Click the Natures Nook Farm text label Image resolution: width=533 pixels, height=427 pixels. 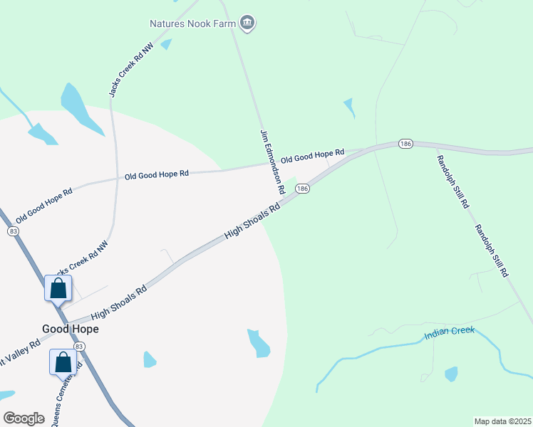coord(192,23)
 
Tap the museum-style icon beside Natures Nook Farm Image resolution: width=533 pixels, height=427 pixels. coord(247,23)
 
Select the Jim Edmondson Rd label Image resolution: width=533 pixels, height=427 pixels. coord(272,162)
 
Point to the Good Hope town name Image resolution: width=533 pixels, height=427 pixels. coord(69,329)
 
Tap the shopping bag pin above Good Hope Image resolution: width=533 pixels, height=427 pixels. coord(58,289)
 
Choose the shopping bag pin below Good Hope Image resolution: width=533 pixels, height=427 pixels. coord(63,362)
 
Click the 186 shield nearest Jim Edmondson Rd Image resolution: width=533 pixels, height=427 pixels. coord(303,189)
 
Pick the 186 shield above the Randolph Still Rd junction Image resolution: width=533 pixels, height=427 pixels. coord(405,144)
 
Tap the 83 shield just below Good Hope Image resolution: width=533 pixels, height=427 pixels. coord(79,346)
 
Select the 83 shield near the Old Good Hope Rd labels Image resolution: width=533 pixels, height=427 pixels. coord(13,231)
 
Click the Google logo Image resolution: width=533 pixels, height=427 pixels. coord(24,418)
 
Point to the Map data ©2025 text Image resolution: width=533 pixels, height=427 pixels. coord(502,421)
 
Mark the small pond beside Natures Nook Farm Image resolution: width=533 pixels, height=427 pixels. coord(166,44)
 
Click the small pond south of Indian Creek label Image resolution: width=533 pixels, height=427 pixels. coord(450,374)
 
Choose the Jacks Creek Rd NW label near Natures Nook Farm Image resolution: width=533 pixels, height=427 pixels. coord(131,70)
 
